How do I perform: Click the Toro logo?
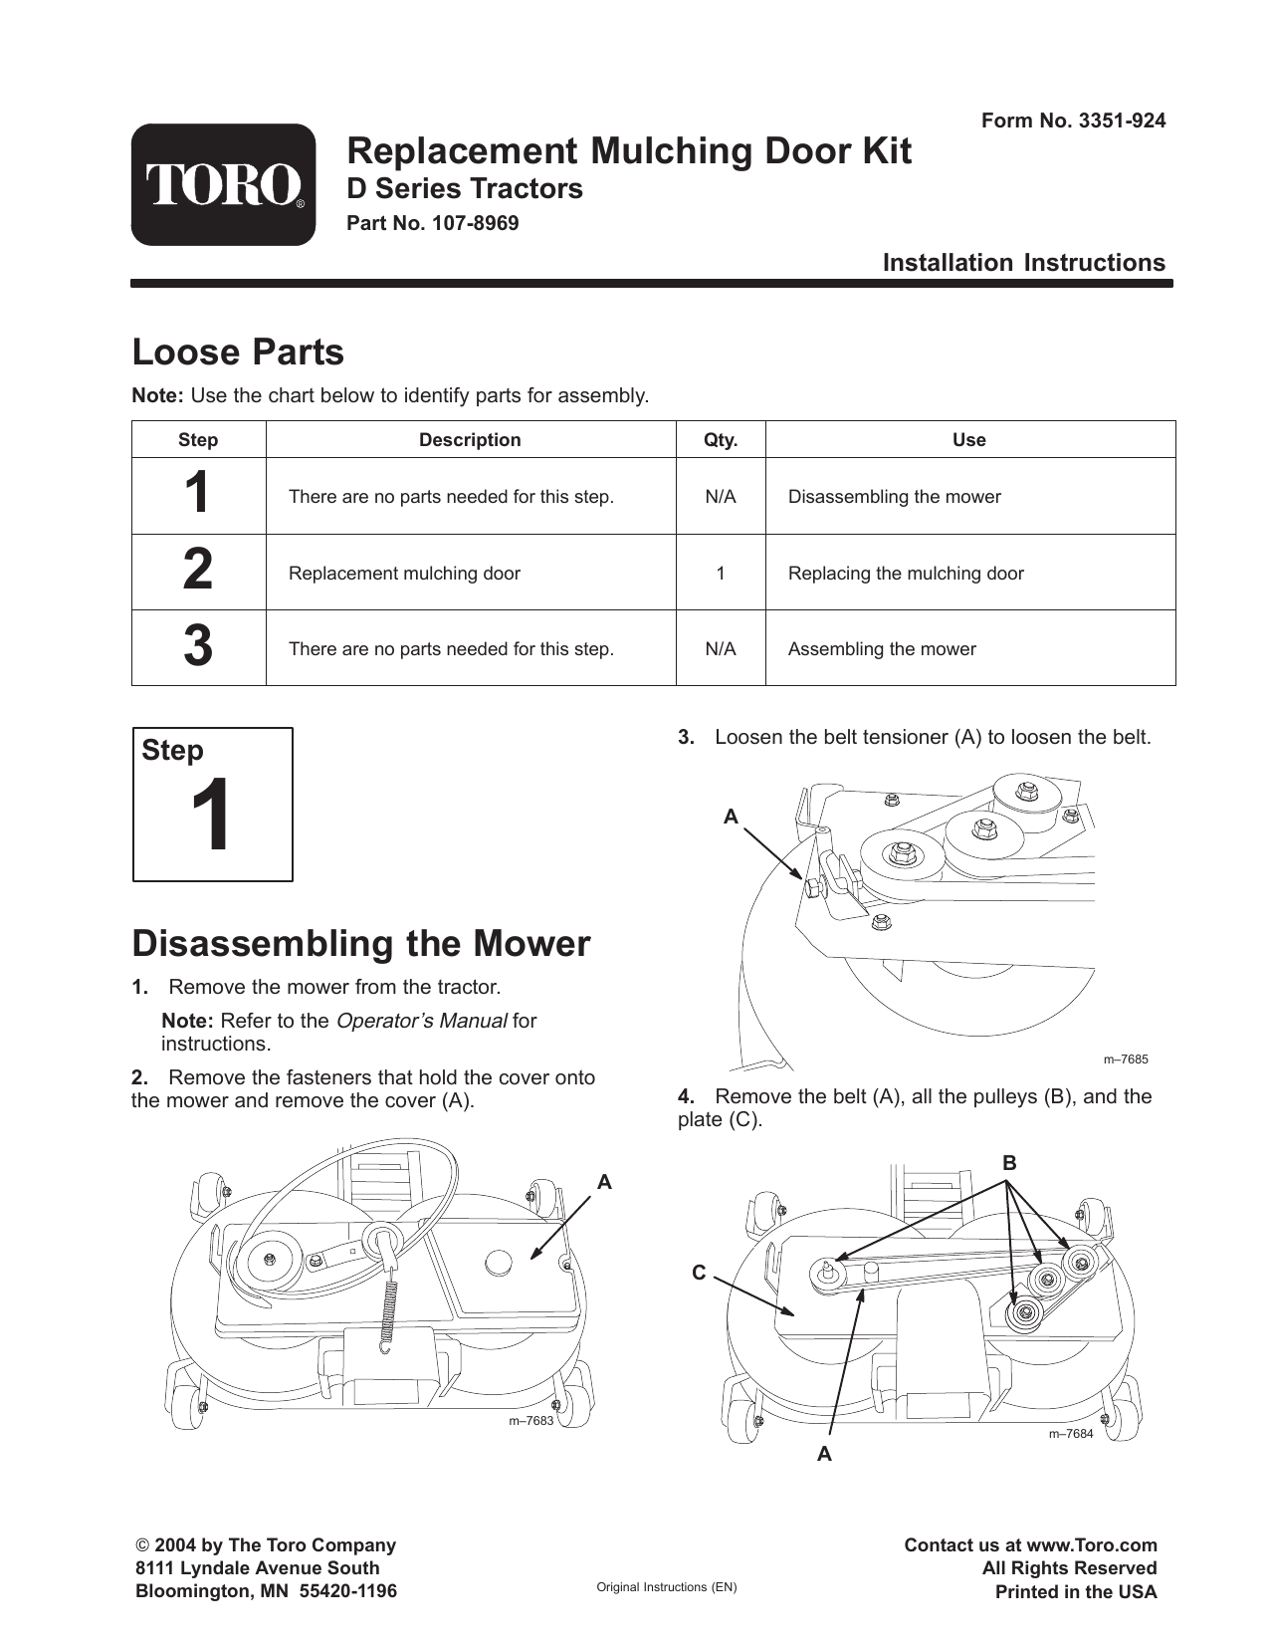pos(223,185)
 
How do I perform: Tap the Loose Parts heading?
pos(238,352)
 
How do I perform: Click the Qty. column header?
pos(721,440)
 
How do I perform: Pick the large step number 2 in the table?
pos(198,572)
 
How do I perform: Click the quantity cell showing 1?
pos(721,574)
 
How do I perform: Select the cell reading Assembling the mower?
pos(882,649)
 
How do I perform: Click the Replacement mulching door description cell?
pos(404,574)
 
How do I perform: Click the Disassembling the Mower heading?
pos(361,943)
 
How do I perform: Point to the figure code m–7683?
pos(530,1420)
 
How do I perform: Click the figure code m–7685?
pos(1125,1059)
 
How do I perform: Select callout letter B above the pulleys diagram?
pos(1008,1163)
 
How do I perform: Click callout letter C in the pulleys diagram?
pos(699,1273)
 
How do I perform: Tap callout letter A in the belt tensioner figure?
pos(731,817)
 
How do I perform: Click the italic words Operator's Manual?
pos(422,1021)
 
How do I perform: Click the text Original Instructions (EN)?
pos(666,1587)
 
